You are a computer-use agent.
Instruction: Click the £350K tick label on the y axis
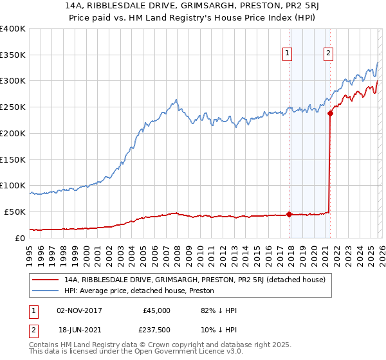coord(13,55)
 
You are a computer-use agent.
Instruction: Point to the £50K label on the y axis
coord(15,212)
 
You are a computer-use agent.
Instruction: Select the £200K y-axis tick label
coord(13,134)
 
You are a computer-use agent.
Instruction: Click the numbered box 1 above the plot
coord(287,53)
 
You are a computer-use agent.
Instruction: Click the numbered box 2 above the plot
coord(328,53)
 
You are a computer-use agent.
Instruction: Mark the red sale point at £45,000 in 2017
coord(289,214)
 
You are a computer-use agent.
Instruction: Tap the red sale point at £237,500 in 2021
coord(330,114)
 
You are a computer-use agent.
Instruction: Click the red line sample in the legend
coord(46,280)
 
